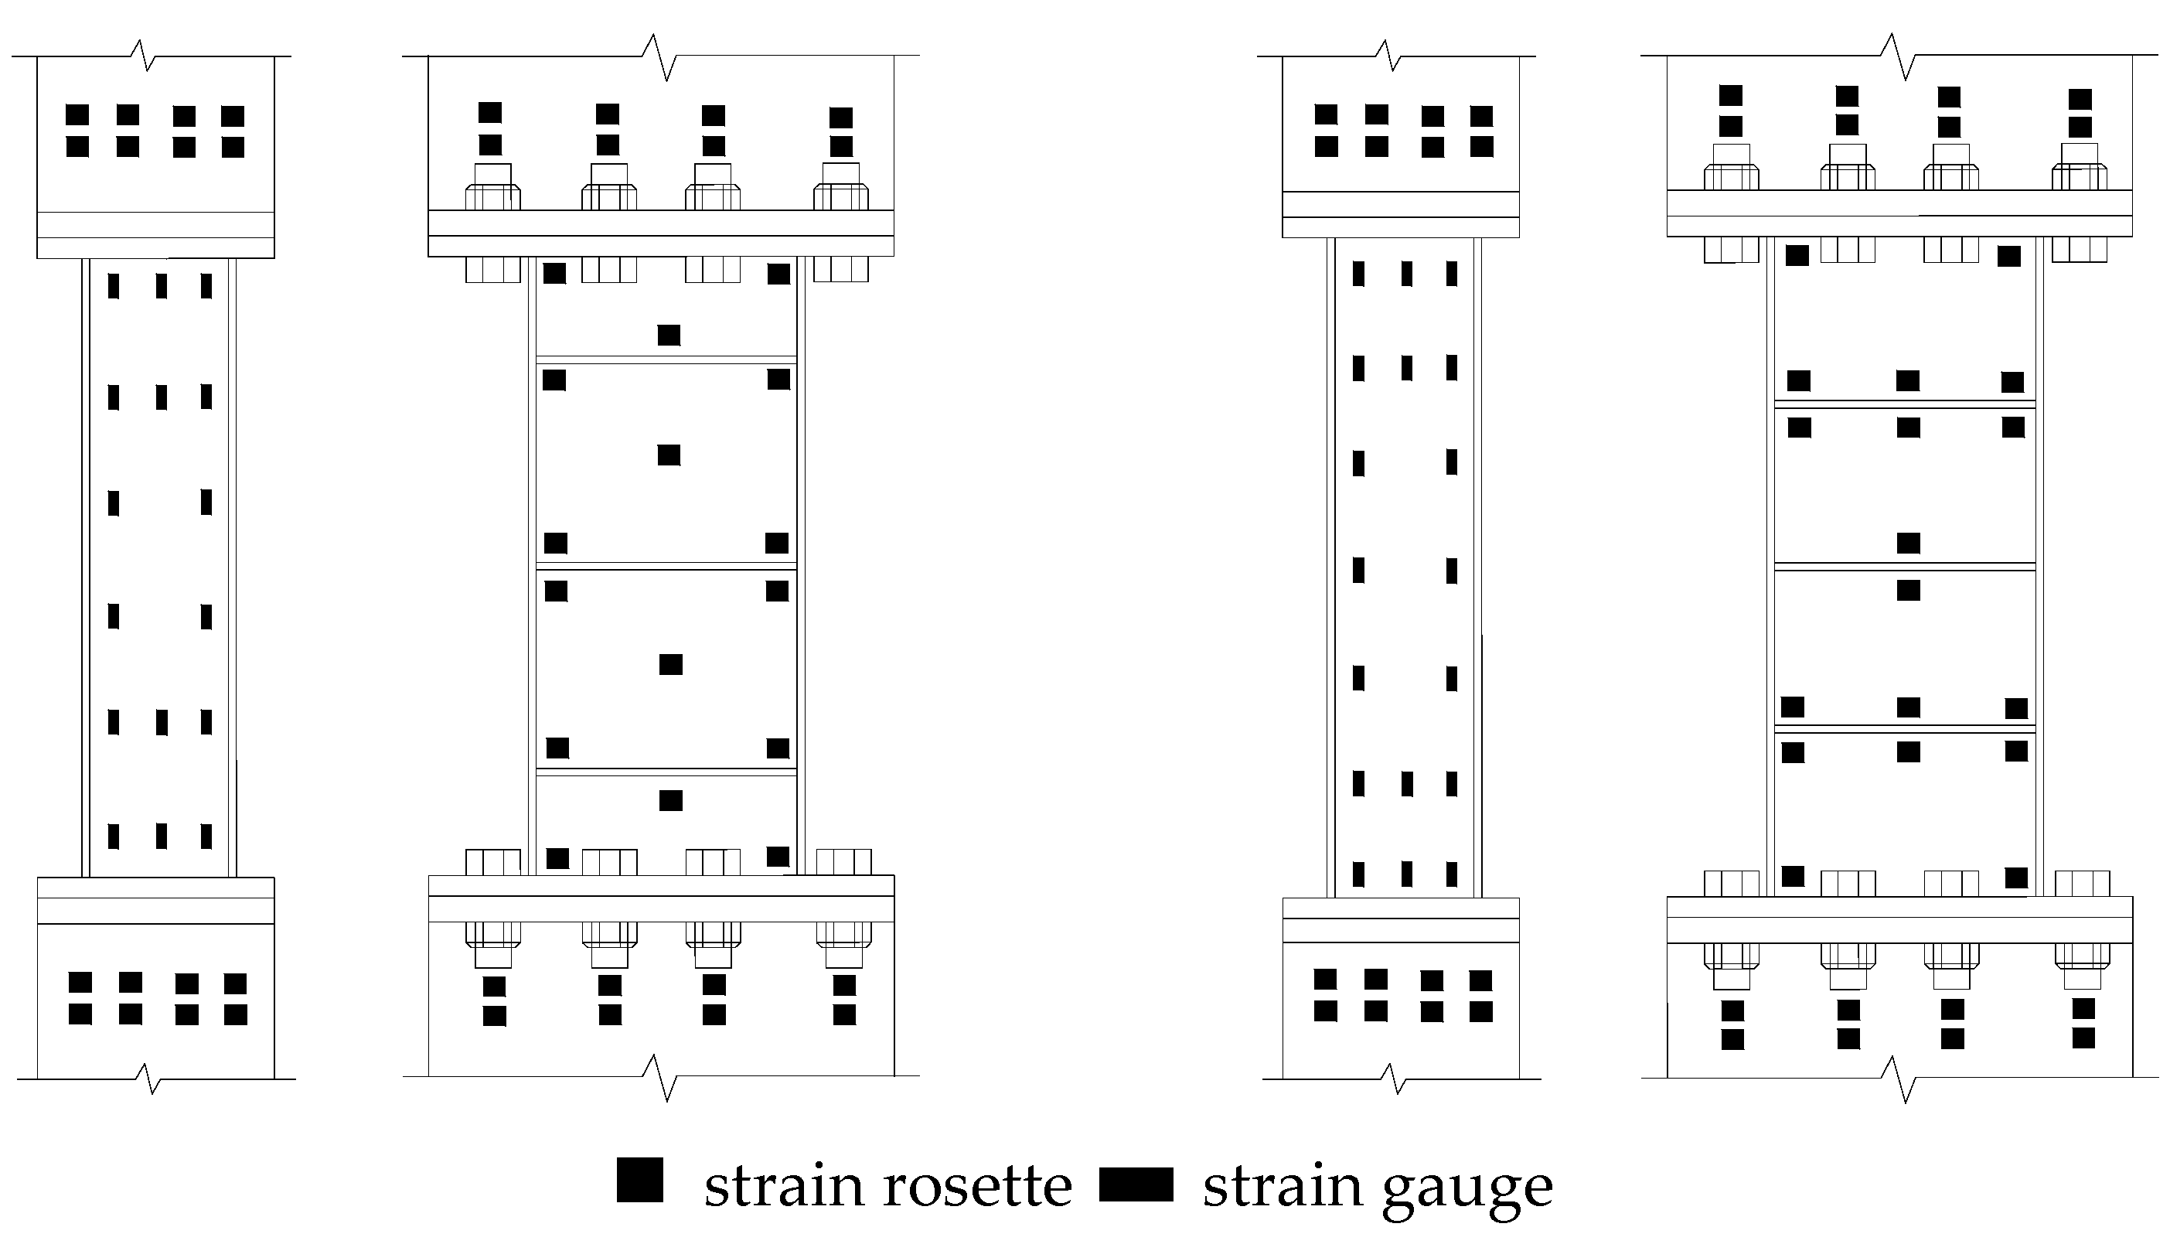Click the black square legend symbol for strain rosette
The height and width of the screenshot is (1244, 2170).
point(639,1180)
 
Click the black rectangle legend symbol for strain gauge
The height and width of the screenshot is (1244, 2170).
point(1136,1184)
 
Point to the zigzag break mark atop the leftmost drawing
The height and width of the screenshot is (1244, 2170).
point(143,56)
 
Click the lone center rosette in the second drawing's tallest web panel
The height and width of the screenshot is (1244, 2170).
point(669,455)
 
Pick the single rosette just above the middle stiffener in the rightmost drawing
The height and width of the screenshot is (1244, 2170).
point(1908,544)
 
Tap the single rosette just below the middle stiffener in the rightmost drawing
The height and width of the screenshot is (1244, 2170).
point(1908,591)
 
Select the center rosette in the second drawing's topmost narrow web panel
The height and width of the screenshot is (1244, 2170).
point(669,335)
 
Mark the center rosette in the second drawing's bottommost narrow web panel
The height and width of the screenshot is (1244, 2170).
point(671,800)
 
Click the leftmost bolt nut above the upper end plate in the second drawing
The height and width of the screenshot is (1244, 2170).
point(493,196)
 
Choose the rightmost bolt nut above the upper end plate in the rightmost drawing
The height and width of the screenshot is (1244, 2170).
point(2079,177)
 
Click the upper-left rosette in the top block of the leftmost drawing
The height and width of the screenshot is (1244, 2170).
point(77,114)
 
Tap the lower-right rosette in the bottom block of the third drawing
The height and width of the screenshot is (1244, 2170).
point(1480,1011)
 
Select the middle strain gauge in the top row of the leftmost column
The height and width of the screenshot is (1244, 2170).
point(161,285)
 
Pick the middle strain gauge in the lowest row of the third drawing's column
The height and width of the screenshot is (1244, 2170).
point(1406,874)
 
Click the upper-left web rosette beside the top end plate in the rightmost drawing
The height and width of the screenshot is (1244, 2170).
point(1797,255)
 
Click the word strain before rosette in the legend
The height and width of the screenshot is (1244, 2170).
point(782,1187)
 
